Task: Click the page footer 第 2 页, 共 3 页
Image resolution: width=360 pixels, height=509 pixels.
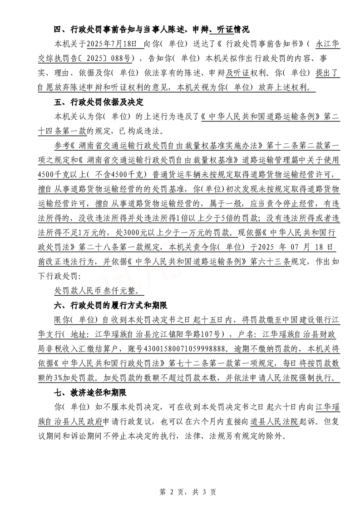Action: pyautogui.click(x=180, y=492)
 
